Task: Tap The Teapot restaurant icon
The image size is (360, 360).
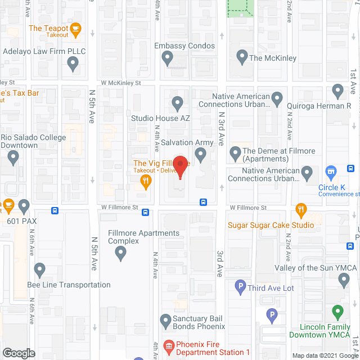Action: click(x=76, y=28)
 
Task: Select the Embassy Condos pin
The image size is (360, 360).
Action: click(x=167, y=57)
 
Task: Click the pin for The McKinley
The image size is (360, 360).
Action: click(x=242, y=57)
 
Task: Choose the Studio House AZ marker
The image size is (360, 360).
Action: click(x=177, y=103)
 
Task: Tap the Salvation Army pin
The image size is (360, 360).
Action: click(x=200, y=154)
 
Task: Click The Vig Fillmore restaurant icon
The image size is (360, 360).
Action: click(x=146, y=181)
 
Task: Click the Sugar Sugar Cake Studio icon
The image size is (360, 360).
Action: click(x=301, y=210)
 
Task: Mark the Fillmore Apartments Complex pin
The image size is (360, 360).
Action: click(x=120, y=254)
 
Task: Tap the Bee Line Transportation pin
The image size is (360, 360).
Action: click(x=39, y=271)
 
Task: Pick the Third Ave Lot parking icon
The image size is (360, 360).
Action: click(x=240, y=287)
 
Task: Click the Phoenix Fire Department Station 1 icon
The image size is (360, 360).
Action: click(x=168, y=345)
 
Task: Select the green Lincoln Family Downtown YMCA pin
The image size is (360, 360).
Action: click(x=337, y=311)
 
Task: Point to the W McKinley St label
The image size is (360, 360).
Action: click(x=120, y=83)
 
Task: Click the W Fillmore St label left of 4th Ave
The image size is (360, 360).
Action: click(x=120, y=208)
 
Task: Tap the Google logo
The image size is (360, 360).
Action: click(x=19, y=353)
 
